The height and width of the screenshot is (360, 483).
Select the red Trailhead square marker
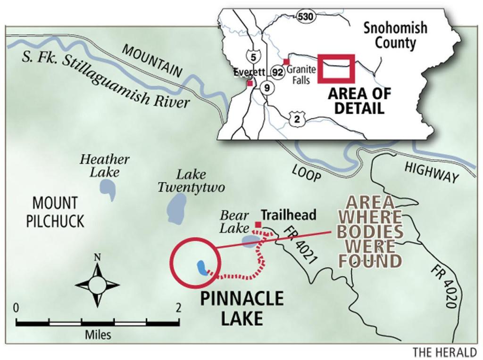point(258,224)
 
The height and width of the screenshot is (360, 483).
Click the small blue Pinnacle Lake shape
point(202,268)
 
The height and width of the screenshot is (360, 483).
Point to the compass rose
point(97,285)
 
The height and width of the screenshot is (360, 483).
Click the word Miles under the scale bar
point(98,335)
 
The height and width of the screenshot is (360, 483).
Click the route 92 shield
point(277,73)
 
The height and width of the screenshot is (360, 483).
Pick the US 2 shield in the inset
point(297,119)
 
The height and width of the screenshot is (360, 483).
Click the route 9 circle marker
point(267,87)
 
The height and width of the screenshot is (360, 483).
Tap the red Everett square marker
point(250,83)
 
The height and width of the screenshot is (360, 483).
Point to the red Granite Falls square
point(286,62)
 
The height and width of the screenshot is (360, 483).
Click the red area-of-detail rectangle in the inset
point(336,69)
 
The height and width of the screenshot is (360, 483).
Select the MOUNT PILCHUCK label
point(55,212)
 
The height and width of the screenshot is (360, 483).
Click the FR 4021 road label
point(300,245)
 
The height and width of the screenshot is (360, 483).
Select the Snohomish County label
point(395,35)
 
